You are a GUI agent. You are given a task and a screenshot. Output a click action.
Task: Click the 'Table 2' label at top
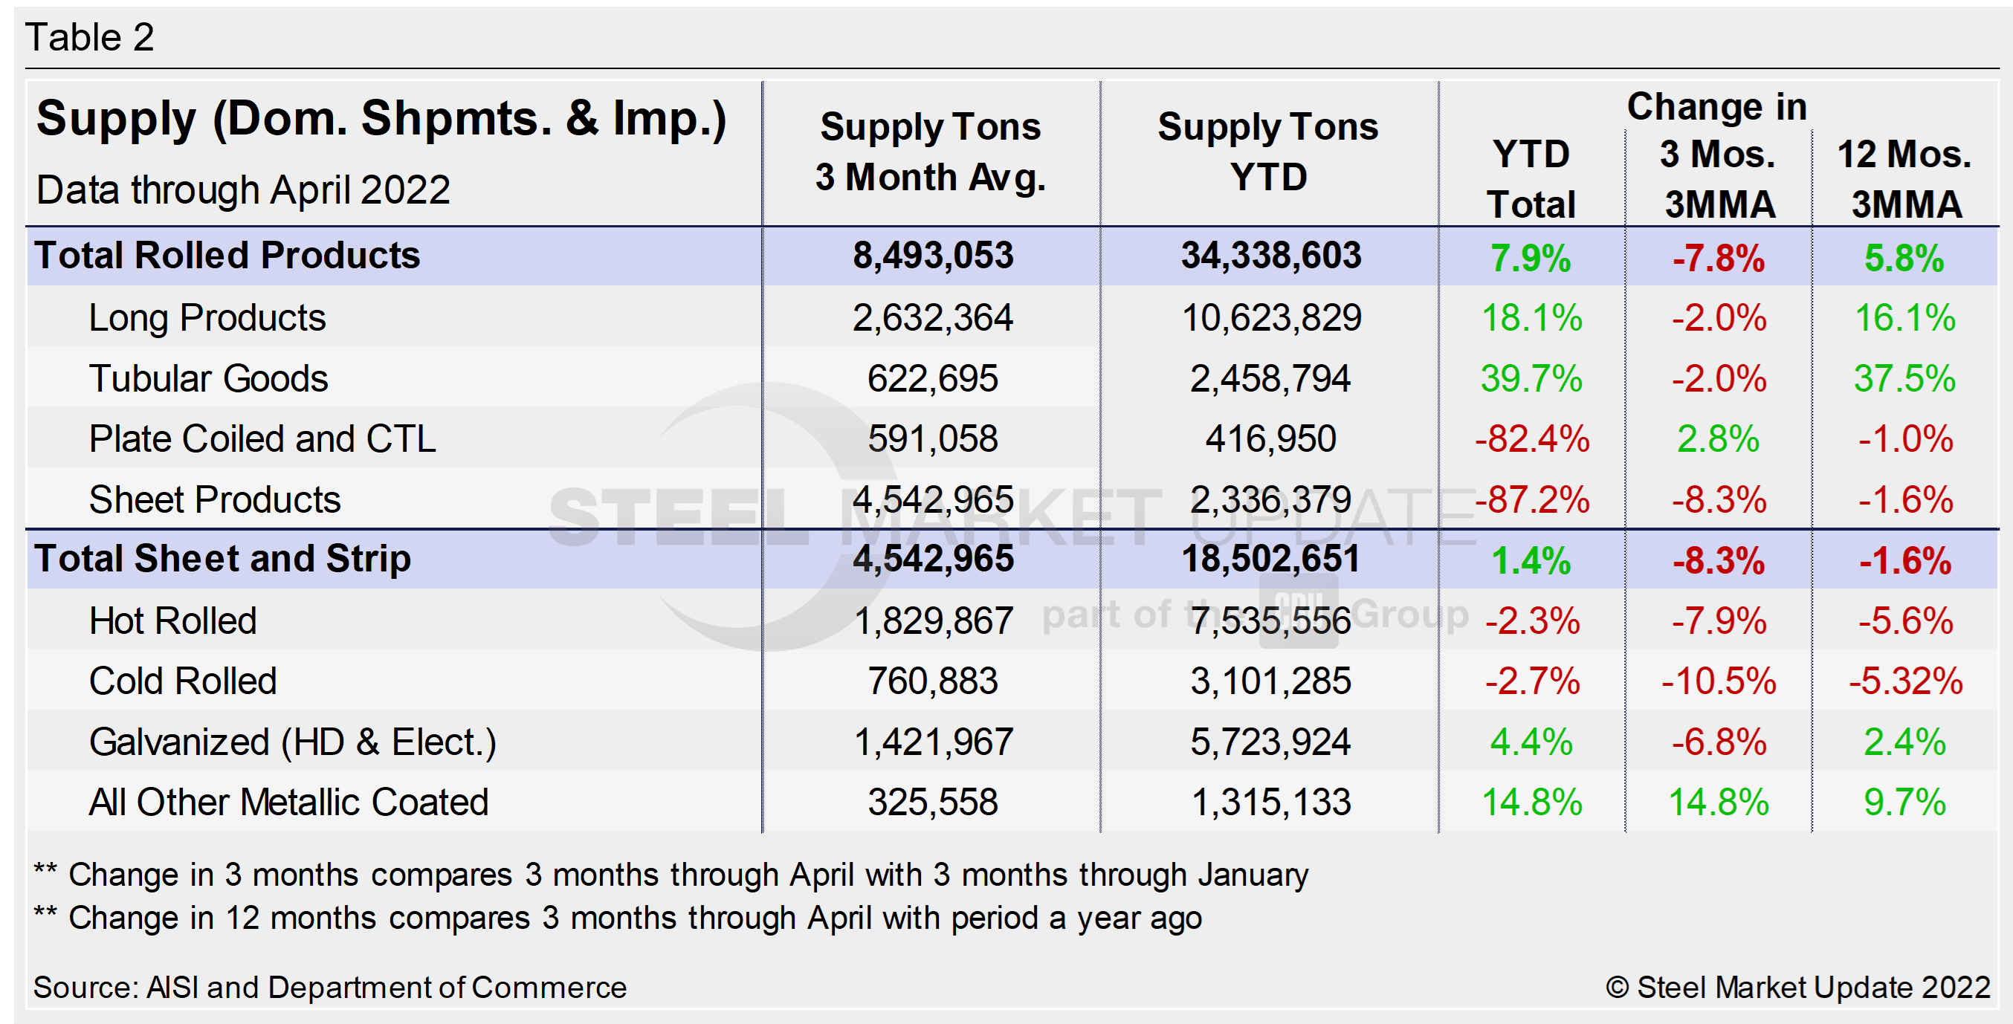(90, 36)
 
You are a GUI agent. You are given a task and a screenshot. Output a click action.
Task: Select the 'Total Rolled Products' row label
(227, 256)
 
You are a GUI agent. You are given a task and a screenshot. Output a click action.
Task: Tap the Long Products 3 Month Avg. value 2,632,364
(932, 318)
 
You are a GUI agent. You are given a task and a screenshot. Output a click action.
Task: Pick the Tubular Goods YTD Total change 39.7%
(1531, 379)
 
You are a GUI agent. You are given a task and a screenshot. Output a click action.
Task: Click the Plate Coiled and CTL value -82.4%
(1531, 439)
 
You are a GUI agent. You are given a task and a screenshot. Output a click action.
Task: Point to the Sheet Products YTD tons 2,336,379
(1270, 500)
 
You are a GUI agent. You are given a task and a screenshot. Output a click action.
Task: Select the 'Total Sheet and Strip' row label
(223, 559)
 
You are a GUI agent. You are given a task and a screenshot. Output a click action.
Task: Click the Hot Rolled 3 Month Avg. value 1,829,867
(933, 621)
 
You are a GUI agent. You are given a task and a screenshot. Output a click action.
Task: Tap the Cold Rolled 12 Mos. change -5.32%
(1905, 681)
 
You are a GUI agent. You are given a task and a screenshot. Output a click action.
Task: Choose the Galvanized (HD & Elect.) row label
(292, 742)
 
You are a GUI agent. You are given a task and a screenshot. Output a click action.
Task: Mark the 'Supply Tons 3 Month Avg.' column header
(931, 152)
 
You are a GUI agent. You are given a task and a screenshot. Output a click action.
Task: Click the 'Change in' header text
(1717, 107)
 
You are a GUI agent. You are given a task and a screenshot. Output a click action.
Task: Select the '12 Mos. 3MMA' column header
(1905, 179)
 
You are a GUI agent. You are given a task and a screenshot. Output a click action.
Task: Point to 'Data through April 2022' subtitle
(243, 189)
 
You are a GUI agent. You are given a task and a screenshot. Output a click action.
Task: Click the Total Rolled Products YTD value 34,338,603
(1270, 256)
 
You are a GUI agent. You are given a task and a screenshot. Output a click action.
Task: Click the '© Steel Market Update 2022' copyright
(1797, 988)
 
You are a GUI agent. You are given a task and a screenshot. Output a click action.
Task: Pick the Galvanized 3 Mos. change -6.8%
(1719, 742)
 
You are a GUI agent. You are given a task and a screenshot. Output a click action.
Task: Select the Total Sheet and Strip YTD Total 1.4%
(1531, 560)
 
